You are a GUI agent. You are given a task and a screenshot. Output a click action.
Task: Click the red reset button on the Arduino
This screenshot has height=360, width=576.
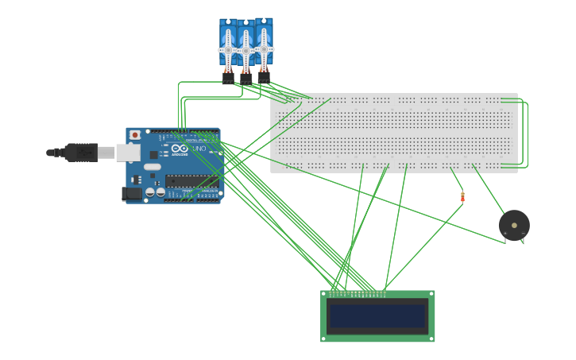tap(135, 135)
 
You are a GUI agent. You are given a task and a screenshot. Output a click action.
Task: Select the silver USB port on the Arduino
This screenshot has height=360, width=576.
tap(127, 152)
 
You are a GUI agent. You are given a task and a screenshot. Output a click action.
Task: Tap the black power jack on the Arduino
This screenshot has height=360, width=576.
tap(132, 193)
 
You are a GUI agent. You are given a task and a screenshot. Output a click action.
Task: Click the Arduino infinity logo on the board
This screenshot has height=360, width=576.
tap(180, 149)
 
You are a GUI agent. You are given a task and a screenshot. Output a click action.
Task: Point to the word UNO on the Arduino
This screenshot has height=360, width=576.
tap(199, 149)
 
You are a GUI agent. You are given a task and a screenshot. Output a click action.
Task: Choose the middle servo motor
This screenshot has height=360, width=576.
tap(245, 48)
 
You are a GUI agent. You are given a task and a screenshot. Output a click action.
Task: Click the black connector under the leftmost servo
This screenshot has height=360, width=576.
tap(228, 78)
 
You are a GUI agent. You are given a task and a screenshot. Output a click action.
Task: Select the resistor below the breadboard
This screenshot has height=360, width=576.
tap(462, 197)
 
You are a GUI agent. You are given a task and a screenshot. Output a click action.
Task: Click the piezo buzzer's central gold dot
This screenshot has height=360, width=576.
tap(514, 225)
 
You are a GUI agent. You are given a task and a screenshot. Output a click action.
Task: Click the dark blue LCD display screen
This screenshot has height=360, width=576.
tap(377, 315)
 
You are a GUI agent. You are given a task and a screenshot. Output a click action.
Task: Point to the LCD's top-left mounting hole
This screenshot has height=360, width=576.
tap(324, 294)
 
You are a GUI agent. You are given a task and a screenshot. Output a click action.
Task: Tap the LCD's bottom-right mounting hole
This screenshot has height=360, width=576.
tap(431, 339)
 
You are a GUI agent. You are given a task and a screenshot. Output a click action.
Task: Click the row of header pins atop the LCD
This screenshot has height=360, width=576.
tap(358, 293)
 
